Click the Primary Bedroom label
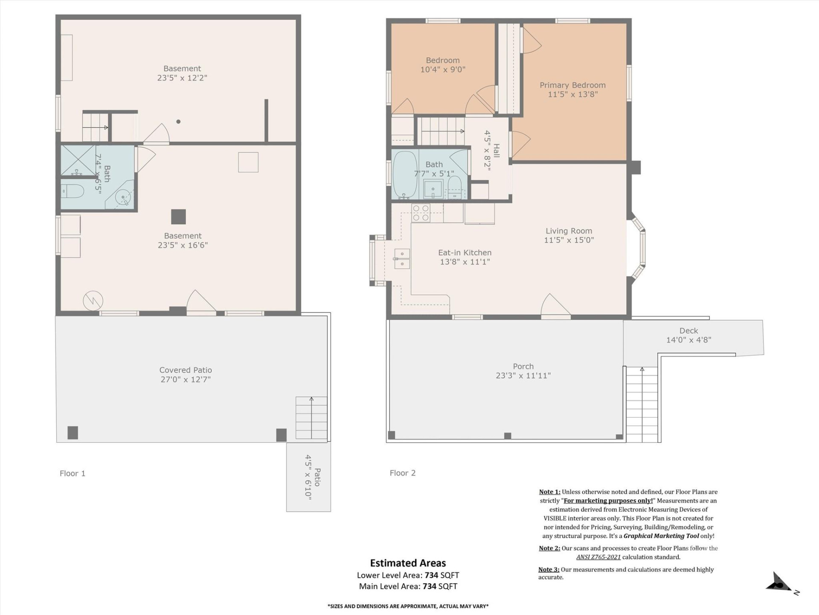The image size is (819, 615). [x=572, y=85]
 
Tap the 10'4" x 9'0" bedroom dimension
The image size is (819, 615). [x=443, y=70]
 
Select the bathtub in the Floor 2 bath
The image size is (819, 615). [x=404, y=174]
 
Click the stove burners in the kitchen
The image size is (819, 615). [x=421, y=213]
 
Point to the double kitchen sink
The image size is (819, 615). [x=402, y=259]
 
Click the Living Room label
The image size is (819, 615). [x=569, y=231]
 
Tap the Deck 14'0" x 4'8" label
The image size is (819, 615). [x=688, y=335]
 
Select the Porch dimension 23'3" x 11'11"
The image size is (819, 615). [x=523, y=376]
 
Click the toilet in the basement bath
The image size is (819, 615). [x=73, y=191]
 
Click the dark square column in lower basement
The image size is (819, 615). [x=178, y=217]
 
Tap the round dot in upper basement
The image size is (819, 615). [x=178, y=122]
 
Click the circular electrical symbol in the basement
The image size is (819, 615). [x=93, y=301]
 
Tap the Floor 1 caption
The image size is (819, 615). [x=73, y=473]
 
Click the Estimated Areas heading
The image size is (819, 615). [x=408, y=563]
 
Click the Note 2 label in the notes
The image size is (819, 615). [x=549, y=548]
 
